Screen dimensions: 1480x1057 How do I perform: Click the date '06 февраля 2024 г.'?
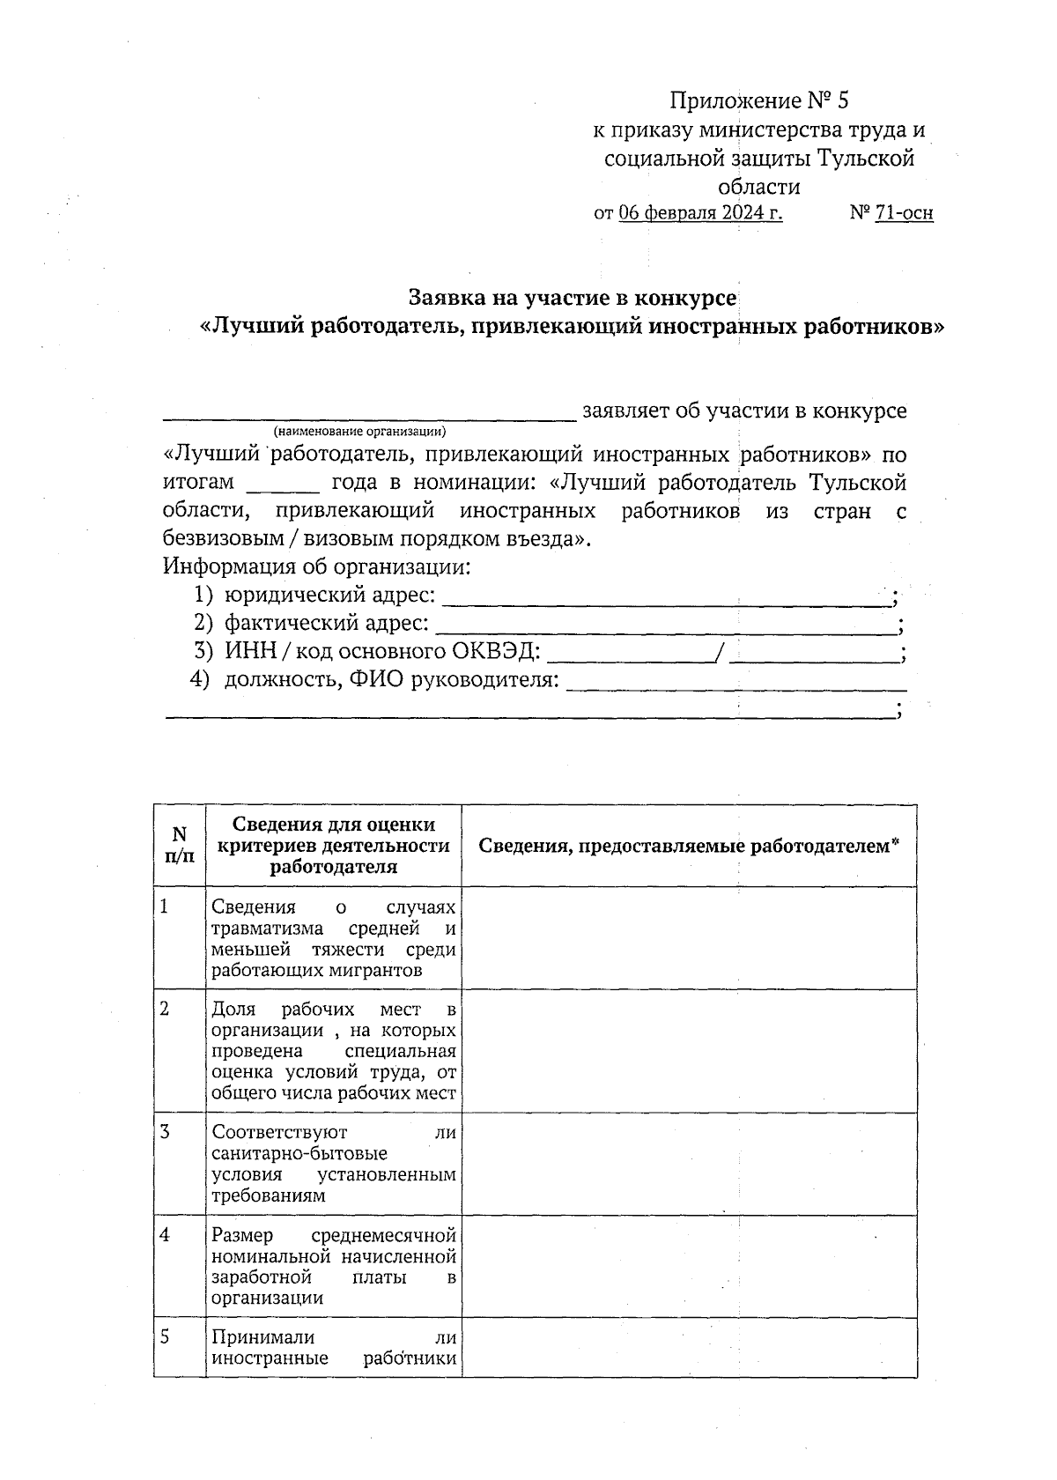coord(700,213)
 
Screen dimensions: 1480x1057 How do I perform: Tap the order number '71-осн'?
coord(904,213)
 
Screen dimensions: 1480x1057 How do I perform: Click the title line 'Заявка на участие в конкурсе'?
coord(573,298)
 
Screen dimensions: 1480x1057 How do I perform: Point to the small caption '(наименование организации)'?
coord(359,432)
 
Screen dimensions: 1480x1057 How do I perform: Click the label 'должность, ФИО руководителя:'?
coord(392,680)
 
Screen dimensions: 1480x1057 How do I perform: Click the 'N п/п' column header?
coord(179,844)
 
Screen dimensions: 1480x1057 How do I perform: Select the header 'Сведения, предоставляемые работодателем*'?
coord(689,846)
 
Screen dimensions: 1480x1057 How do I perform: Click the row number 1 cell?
coord(179,937)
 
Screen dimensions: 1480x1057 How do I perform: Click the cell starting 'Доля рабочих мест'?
coord(334,1051)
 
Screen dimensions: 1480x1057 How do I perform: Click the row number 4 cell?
coord(179,1266)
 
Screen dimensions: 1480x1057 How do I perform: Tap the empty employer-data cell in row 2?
coord(689,1051)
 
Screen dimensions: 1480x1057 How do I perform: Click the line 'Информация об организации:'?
coord(317,567)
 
